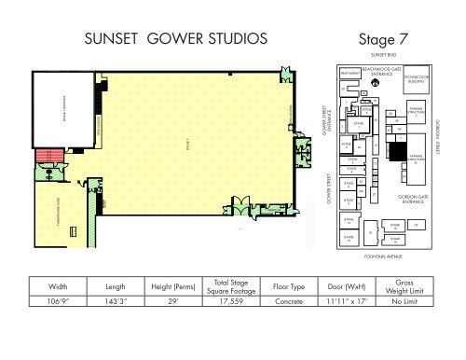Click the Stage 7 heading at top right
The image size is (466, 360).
(383, 39)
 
